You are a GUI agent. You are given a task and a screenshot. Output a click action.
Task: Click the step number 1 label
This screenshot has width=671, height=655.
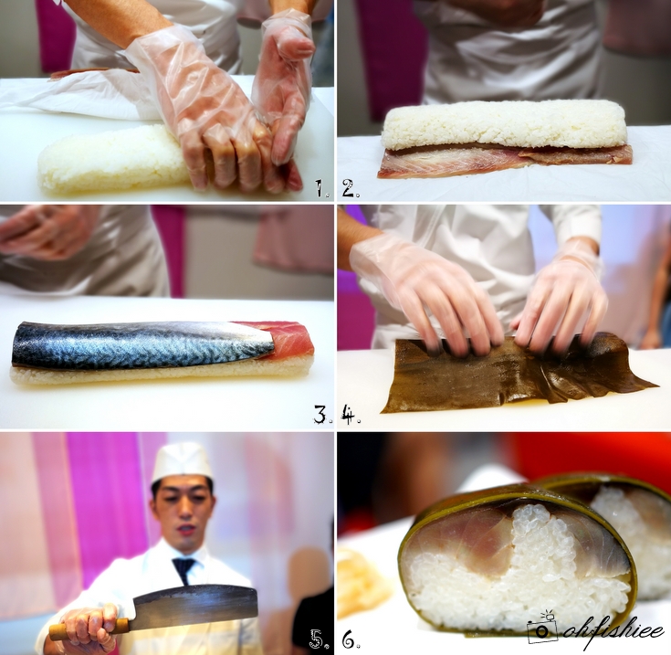[322, 188]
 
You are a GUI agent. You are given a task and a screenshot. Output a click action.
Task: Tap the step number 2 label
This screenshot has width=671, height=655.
[351, 188]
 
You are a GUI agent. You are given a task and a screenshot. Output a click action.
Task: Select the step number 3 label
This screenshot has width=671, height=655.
[323, 415]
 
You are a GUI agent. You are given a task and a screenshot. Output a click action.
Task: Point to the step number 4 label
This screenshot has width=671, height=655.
[351, 415]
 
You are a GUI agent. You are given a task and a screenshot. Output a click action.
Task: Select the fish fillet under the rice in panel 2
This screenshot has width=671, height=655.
[505, 161]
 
